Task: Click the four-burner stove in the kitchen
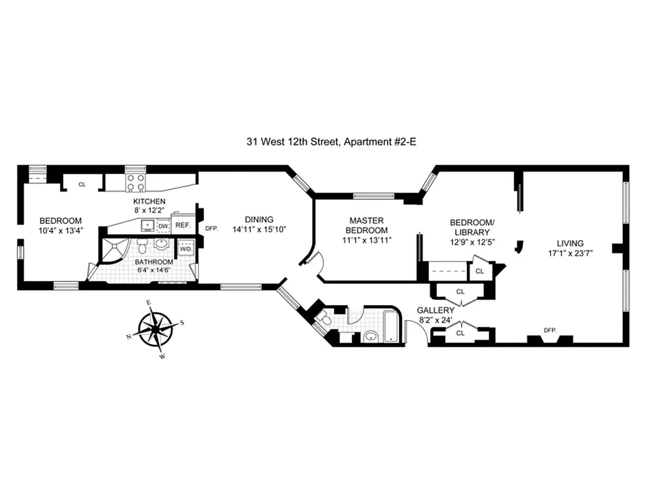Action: tap(135, 183)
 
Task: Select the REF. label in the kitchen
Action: tap(182, 225)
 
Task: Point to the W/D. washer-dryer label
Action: tap(185, 249)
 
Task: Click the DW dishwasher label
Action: tap(163, 226)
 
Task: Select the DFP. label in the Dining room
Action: tap(211, 228)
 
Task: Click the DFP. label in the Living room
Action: tap(549, 330)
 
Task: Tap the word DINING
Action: tap(258, 219)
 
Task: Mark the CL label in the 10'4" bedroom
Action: tap(81, 185)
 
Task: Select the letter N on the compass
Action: tap(129, 337)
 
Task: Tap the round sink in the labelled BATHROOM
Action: tap(161, 244)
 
